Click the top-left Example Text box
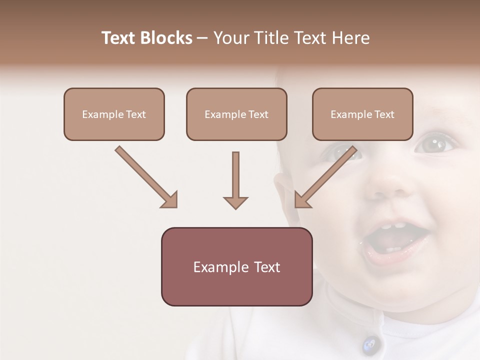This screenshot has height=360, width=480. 114,114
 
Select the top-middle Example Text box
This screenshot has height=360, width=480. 236,114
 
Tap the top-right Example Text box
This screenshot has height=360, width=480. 362,114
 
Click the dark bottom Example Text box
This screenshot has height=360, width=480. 236,267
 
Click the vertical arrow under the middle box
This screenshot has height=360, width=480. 235,180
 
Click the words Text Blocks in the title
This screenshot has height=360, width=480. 147,38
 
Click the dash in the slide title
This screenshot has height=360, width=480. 202,38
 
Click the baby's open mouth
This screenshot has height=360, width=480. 395,242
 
